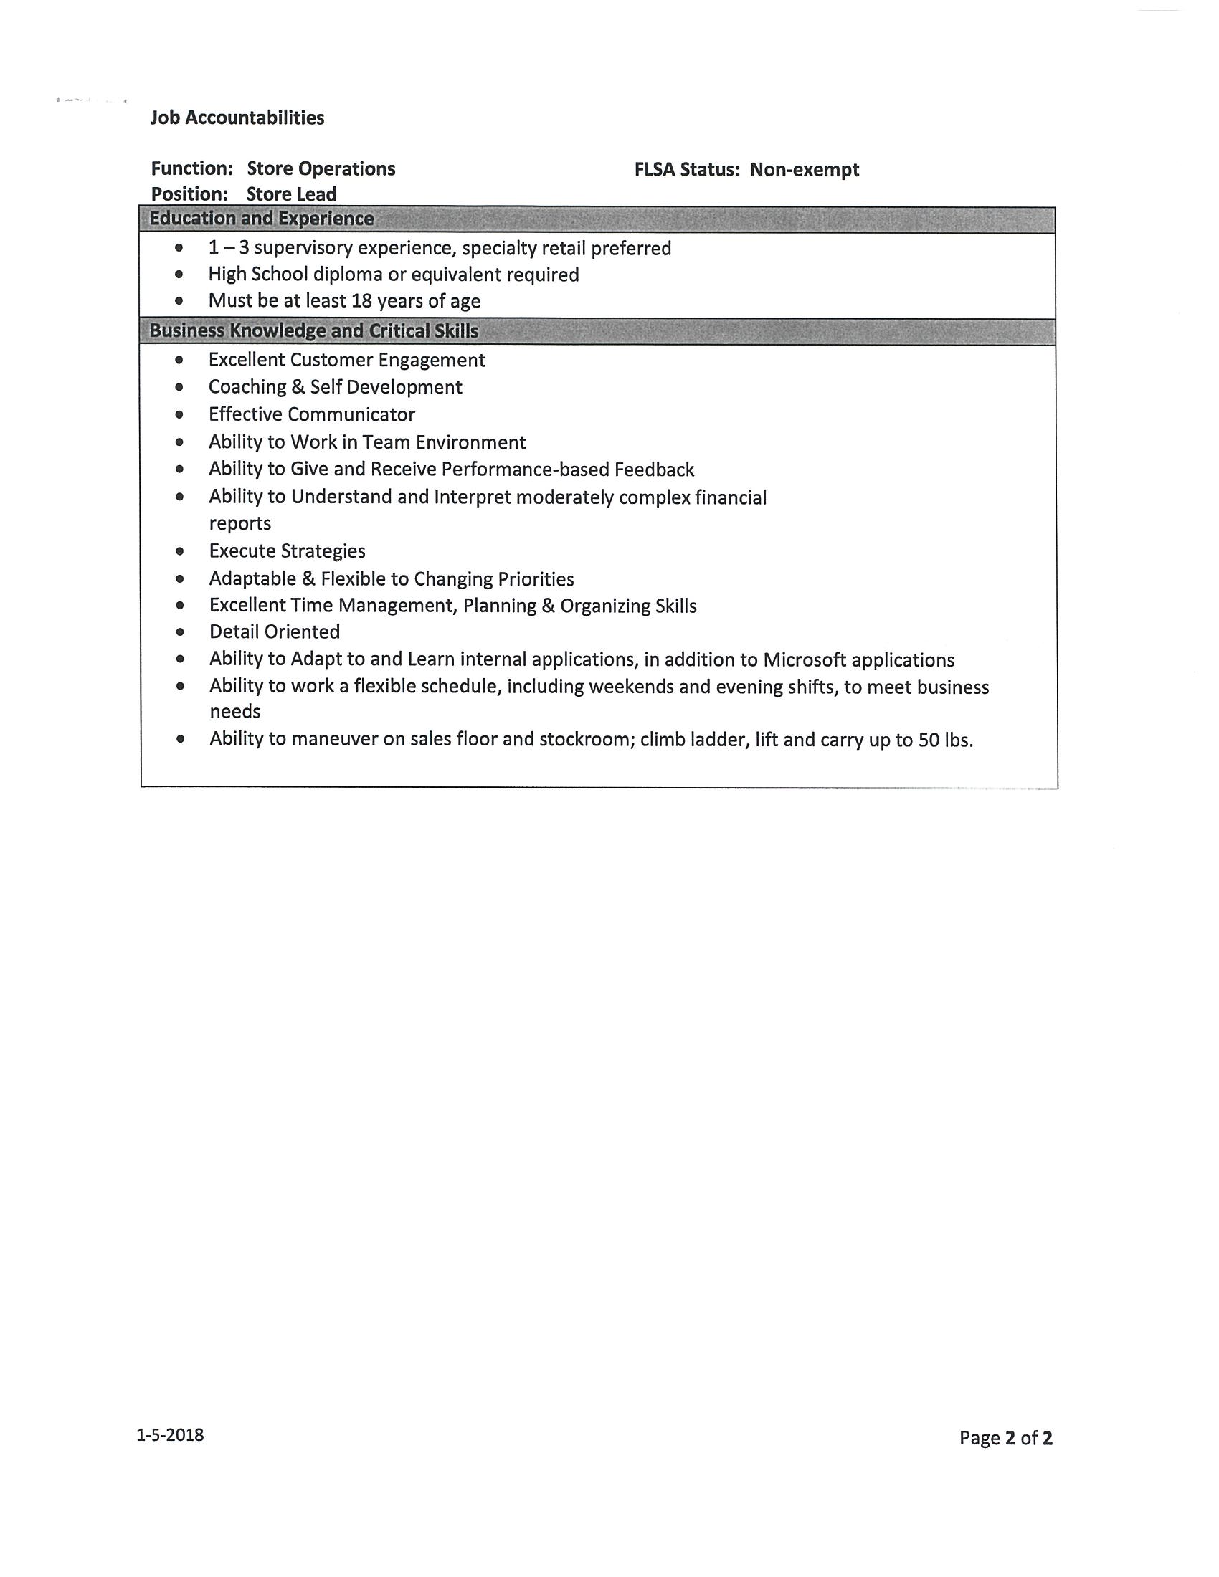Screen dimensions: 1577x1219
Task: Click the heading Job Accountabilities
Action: tap(237, 118)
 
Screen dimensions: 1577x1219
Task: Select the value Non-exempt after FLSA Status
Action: tap(804, 170)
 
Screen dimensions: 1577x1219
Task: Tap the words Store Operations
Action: tap(321, 169)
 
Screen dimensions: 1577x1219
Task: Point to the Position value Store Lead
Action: tap(291, 194)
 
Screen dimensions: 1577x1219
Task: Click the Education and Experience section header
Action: tap(262, 219)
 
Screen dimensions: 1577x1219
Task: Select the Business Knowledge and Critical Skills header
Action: tap(313, 330)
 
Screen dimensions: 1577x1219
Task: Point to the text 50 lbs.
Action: tap(944, 740)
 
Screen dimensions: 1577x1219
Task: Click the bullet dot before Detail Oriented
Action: tap(180, 632)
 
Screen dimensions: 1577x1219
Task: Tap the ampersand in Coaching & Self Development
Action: tap(298, 387)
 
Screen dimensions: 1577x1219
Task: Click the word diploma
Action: tap(347, 275)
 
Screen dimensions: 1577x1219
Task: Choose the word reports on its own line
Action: tap(239, 523)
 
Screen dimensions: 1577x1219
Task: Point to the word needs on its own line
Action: tap(234, 712)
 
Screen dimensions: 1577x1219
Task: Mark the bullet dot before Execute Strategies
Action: tap(180, 552)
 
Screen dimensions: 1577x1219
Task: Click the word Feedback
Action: tap(653, 470)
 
